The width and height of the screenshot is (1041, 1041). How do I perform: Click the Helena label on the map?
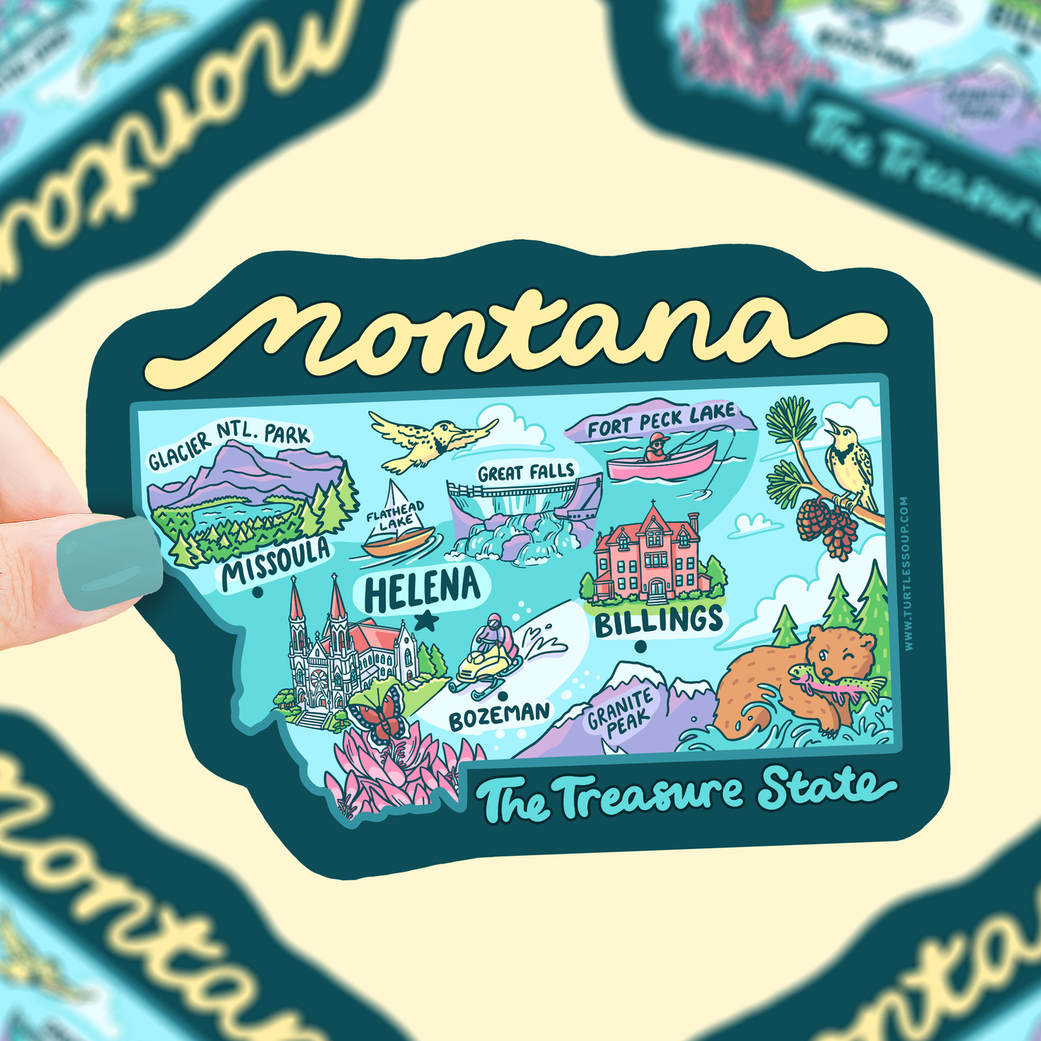[421, 589]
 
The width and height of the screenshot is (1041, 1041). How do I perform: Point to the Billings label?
[658, 621]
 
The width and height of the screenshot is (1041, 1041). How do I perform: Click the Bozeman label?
[499, 715]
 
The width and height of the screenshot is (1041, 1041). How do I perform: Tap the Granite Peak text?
[620, 712]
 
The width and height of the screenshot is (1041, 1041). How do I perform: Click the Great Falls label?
[526, 473]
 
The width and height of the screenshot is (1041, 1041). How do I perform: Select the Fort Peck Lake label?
[661, 421]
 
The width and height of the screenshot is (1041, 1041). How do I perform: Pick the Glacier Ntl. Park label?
[229, 447]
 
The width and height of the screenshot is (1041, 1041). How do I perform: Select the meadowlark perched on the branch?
[850, 461]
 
